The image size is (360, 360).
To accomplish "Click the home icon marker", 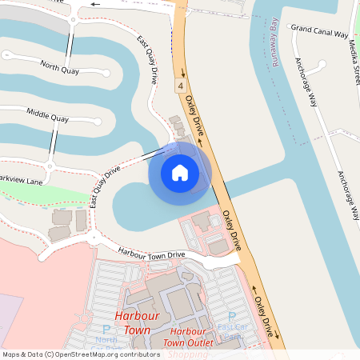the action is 180,172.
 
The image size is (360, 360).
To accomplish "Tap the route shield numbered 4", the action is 182,84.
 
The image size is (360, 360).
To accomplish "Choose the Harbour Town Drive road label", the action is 152,254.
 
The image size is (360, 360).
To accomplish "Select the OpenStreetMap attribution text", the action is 81,354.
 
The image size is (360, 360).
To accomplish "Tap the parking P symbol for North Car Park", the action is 106,329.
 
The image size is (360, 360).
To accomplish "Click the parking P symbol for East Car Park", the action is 232,317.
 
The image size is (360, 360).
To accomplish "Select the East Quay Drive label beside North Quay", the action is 146,61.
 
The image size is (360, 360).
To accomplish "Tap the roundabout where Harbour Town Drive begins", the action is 90,236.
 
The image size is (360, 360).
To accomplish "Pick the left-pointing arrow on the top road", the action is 96,4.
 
